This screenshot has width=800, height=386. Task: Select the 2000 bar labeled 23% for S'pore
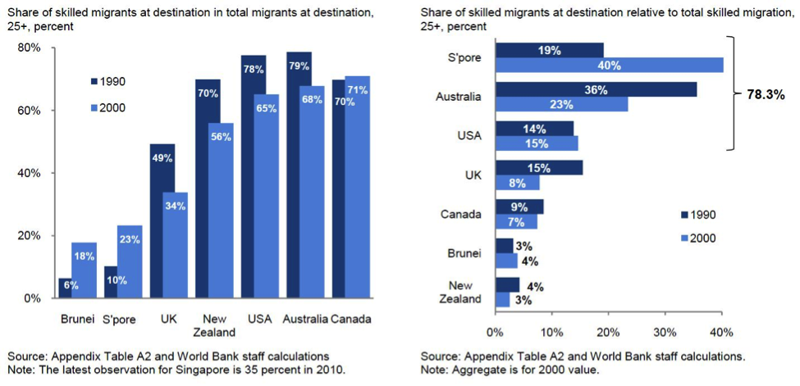tap(130, 262)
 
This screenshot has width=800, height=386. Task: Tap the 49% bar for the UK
tap(162, 221)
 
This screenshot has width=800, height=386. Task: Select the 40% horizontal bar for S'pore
tap(610, 66)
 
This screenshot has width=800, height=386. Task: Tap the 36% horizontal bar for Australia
tap(596, 89)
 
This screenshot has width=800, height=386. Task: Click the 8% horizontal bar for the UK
tap(517, 183)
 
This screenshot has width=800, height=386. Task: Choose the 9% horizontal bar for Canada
tap(519, 207)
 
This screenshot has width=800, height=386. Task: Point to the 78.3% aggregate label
tap(761, 95)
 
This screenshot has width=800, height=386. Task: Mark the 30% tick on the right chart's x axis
tap(665, 333)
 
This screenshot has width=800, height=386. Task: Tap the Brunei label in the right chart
tap(465, 253)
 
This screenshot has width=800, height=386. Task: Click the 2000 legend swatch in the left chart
tap(93, 108)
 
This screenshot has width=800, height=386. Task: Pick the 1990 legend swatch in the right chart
tap(683, 215)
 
